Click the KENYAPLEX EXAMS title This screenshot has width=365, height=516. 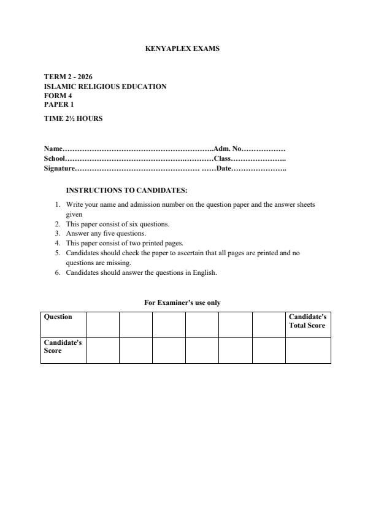point(182,48)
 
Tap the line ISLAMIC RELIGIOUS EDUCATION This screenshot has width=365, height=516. point(105,87)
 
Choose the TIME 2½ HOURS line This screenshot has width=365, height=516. point(73,118)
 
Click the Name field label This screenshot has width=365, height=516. point(53,148)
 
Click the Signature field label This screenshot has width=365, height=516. point(60,168)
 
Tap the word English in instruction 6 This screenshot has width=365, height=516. point(203,272)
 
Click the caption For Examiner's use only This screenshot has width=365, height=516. point(182,302)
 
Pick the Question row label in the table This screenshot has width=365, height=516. point(58,317)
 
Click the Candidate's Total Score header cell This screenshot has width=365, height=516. point(307,321)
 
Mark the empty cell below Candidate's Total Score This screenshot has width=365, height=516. point(308,350)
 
